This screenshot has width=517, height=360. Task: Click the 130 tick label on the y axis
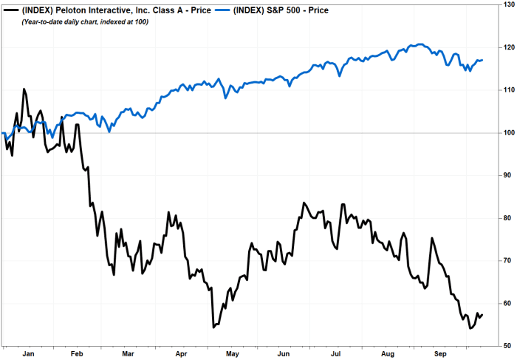[x=506, y=5]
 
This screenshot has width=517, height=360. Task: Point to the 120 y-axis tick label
[x=506, y=47]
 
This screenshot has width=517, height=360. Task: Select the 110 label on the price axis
[x=506, y=90]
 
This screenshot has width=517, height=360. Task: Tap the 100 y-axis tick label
[x=506, y=133]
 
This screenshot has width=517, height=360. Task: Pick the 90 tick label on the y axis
[x=506, y=175]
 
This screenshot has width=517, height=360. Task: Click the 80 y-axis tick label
[x=506, y=218]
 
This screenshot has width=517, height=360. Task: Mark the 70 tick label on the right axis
[x=506, y=260]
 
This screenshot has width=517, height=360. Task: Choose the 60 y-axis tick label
[x=506, y=303]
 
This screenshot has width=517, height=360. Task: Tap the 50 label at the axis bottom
[x=506, y=345]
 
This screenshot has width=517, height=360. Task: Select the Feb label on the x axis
[x=77, y=353]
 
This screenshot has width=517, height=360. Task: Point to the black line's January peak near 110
[x=24, y=89]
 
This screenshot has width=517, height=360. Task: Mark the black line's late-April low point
[x=213, y=326]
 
